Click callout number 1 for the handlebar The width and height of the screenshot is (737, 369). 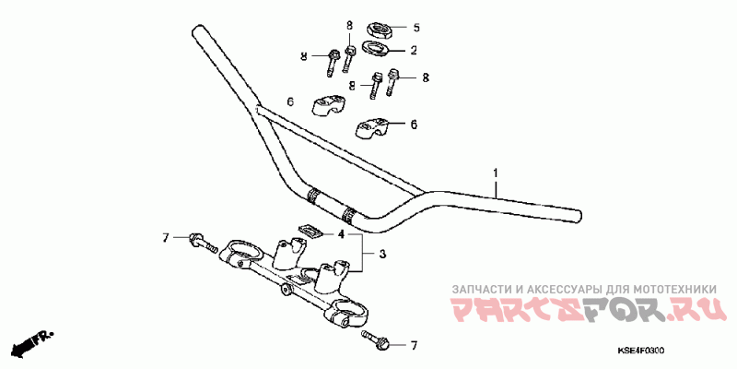(x=495, y=173)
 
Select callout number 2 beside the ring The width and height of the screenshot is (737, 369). (x=414, y=50)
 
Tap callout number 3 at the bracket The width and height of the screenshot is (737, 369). (x=382, y=255)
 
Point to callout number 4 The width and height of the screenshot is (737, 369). (x=342, y=233)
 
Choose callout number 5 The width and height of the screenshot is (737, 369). (x=416, y=28)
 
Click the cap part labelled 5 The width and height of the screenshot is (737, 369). (x=380, y=30)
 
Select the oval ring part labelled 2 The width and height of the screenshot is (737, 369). (x=375, y=48)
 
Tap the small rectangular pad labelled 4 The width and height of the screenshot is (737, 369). (x=310, y=230)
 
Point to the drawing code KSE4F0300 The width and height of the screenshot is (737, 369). (x=640, y=351)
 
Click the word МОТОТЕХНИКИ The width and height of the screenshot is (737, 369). (x=675, y=289)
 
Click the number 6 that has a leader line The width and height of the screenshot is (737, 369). (x=414, y=125)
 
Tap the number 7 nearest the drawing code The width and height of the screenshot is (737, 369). (x=414, y=346)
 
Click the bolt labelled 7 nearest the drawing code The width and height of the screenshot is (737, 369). (x=375, y=339)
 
